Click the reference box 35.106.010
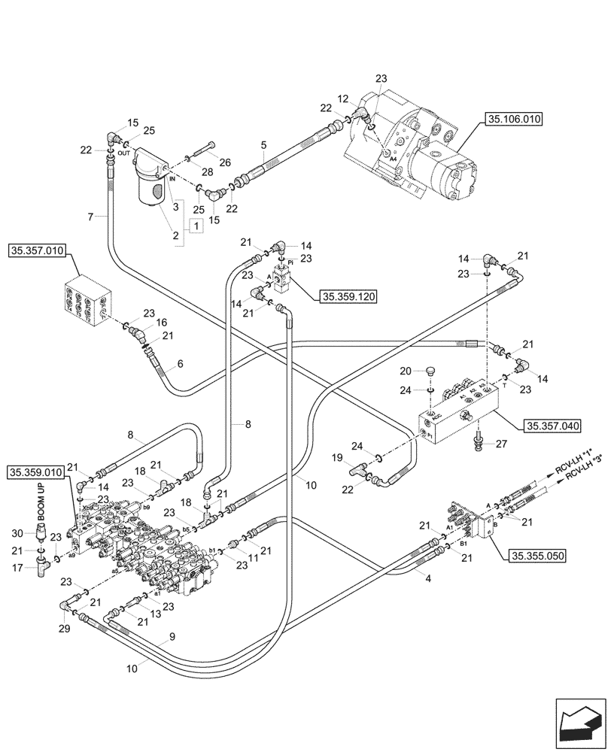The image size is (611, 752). (x=515, y=119)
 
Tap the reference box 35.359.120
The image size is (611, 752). (x=348, y=296)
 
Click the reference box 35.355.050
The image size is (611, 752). (x=536, y=556)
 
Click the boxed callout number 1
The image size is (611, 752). (x=196, y=226)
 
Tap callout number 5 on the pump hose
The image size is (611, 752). (x=263, y=144)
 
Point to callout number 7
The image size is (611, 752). (x=90, y=217)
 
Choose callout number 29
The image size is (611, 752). (x=64, y=628)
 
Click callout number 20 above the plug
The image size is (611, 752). (x=406, y=371)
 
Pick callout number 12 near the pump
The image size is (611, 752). (x=343, y=99)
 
